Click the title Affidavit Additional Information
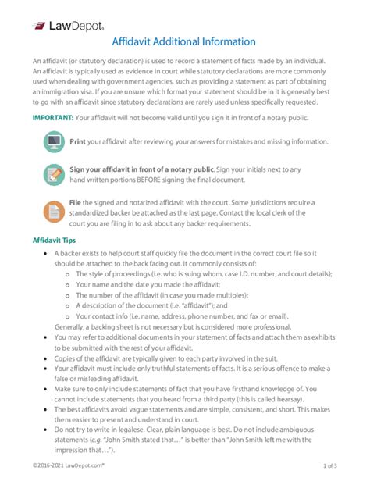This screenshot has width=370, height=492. click(x=183, y=41)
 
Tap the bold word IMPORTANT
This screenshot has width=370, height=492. click(x=52, y=117)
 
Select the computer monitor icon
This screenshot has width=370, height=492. click(x=53, y=143)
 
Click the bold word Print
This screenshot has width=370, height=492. click(x=77, y=142)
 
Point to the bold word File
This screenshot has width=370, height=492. click(x=76, y=202)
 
